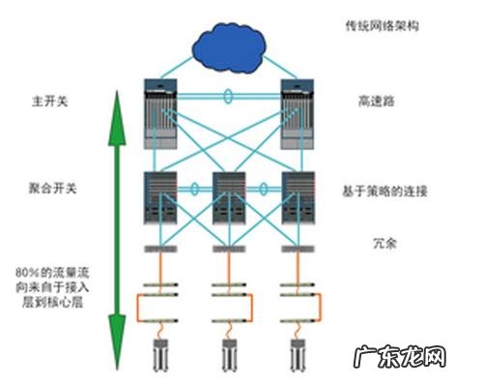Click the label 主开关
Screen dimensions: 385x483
(45, 100)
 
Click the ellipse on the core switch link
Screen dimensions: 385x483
(228, 96)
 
